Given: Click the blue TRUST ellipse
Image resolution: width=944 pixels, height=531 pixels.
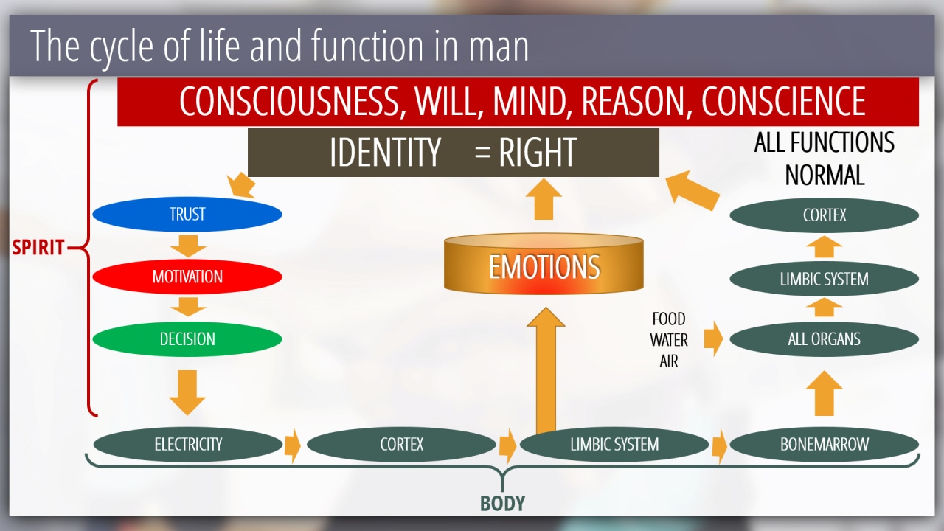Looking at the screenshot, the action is [187, 214].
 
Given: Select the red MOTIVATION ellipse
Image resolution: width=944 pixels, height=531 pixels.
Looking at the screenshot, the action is [187, 277].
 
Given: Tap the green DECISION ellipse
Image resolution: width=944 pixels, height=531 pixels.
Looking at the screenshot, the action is [187, 339].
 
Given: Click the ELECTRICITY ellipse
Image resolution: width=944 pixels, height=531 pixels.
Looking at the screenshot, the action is [188, 444].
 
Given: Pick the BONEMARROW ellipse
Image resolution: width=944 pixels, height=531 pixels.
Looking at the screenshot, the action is [825, 444].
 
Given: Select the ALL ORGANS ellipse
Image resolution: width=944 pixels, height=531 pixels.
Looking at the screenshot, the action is [825, 339].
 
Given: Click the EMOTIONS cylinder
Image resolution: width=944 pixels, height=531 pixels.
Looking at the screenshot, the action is [544, 263].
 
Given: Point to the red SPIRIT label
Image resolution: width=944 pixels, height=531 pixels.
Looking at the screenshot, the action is [38, 247].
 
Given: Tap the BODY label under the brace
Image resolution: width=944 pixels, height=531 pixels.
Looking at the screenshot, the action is [502, 503].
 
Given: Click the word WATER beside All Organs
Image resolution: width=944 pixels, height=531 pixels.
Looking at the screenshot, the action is [669, 340].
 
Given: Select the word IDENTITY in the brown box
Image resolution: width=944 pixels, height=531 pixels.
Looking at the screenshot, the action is [385, 152].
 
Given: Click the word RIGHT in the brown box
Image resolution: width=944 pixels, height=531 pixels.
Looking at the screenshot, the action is [538, 152].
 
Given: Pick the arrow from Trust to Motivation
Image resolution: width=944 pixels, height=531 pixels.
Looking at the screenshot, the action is [188, 246].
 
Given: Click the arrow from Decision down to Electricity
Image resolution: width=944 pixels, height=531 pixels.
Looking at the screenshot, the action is [187, 393].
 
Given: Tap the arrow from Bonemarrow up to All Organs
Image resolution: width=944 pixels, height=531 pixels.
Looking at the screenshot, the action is [825, 393].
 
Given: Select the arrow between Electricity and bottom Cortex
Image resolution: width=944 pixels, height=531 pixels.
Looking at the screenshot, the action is [293, 445].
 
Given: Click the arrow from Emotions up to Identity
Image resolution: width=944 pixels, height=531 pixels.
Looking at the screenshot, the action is [544, 198].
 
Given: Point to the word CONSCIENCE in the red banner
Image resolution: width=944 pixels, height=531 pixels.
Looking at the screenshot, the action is [783, 101].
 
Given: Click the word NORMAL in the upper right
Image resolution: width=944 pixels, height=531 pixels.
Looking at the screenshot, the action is [825, 176].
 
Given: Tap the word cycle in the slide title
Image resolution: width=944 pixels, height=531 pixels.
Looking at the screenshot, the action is [122, 46].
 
